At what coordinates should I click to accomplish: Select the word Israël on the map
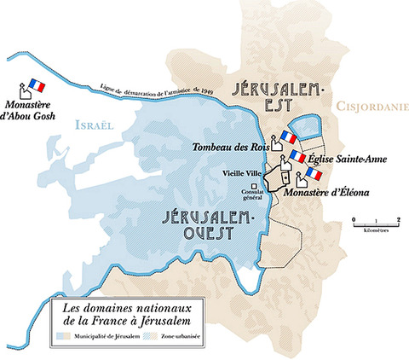tap(93, 125)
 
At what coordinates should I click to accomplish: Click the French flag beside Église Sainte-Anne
tap(297, 156)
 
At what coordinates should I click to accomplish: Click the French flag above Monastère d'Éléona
tap(314, 174)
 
